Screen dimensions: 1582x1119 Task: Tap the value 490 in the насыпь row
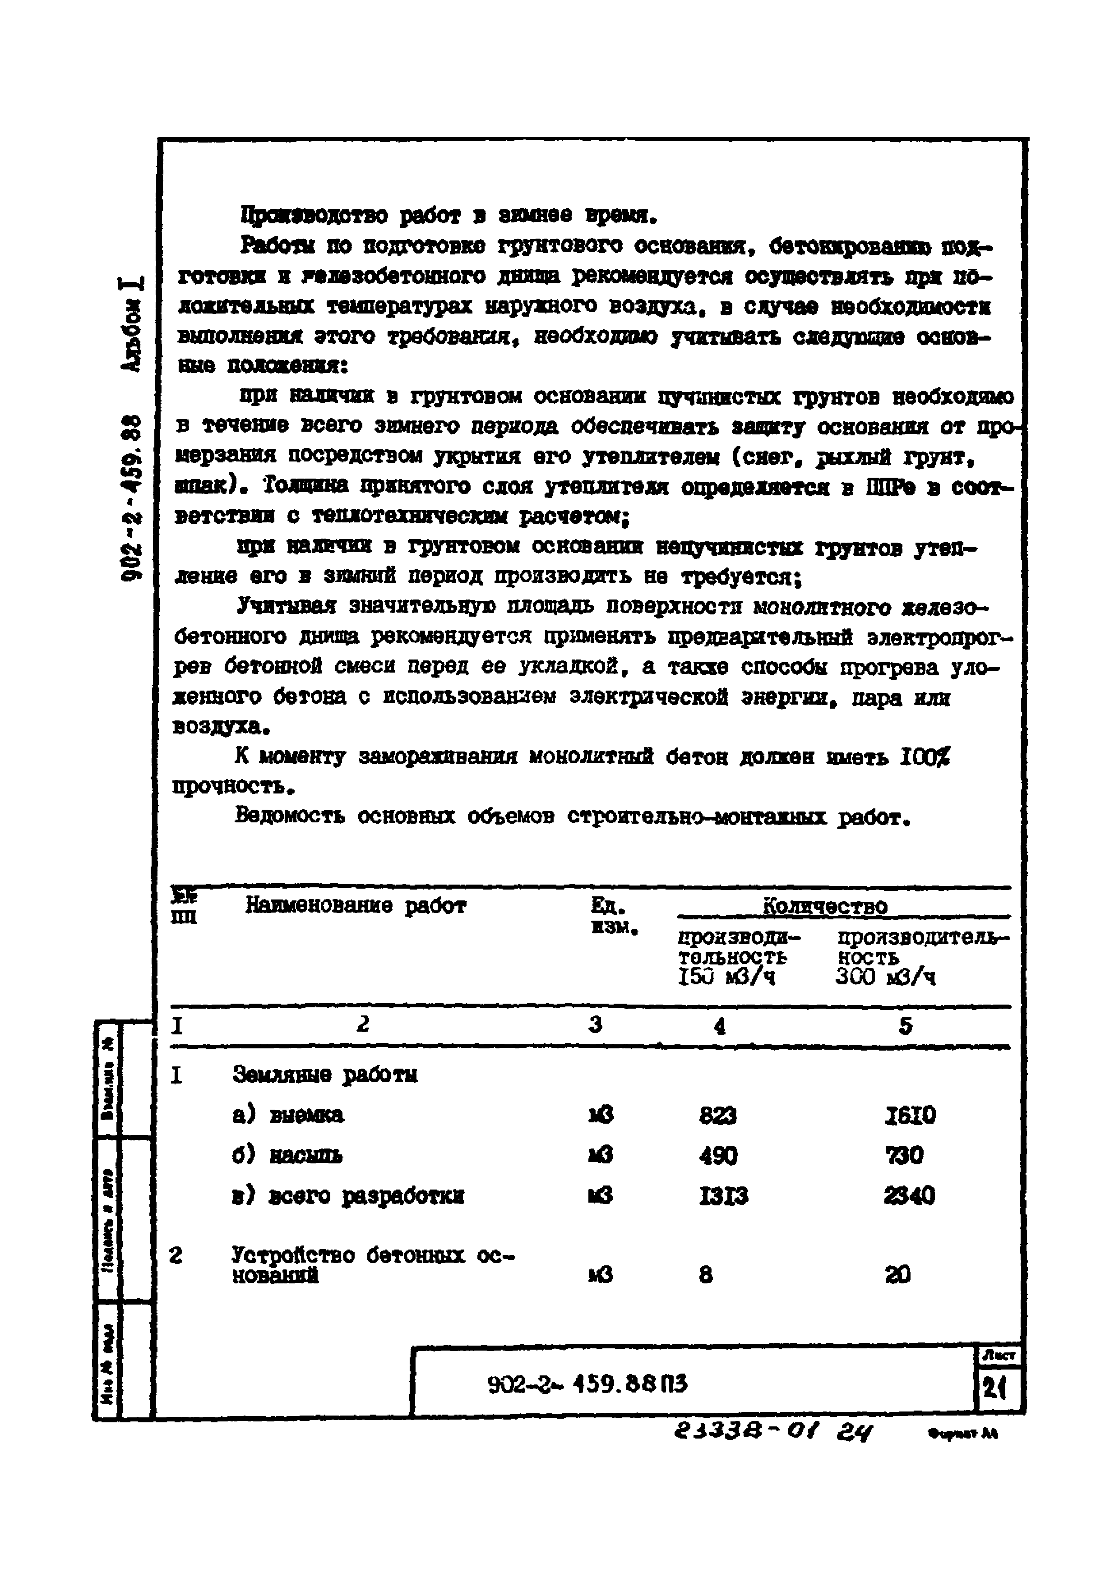pos(718,1155)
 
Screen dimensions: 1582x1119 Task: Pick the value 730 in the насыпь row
pos(904,1155)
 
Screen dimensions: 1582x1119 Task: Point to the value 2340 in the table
pos(909,1195)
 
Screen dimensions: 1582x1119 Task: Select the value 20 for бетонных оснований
pos(898,1275)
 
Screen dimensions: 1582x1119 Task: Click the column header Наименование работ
pos(356,905)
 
